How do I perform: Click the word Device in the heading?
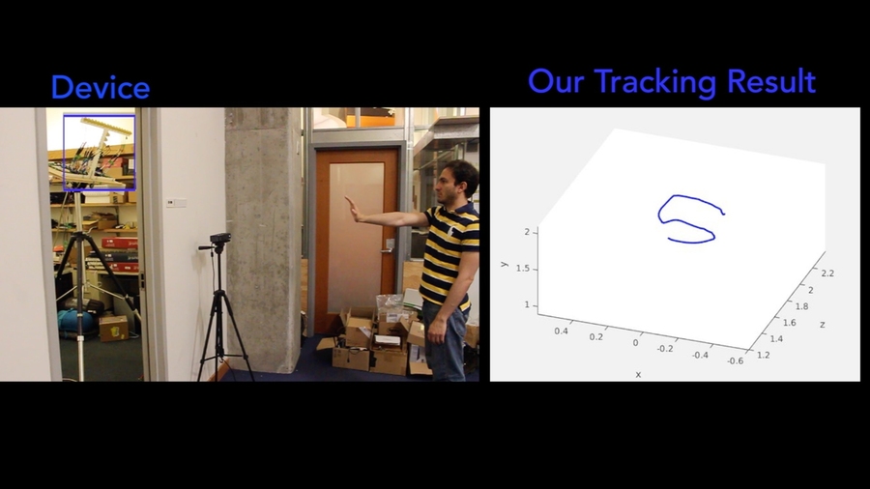[100, 88]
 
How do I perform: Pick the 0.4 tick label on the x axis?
[562, 331]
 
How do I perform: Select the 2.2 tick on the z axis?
[826, 273]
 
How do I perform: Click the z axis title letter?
[822, 325]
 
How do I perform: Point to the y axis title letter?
[504, 263]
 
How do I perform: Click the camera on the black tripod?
[220, 239]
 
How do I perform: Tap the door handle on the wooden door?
[388, 246]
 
